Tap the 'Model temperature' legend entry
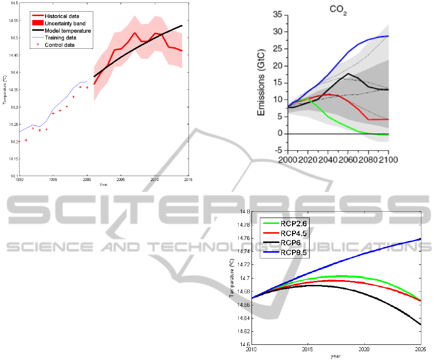64,31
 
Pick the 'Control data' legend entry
60,45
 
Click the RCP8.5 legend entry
293,253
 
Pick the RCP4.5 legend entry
293,233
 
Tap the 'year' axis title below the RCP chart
335,356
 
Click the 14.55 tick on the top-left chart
12,20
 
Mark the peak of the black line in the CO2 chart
348,74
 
